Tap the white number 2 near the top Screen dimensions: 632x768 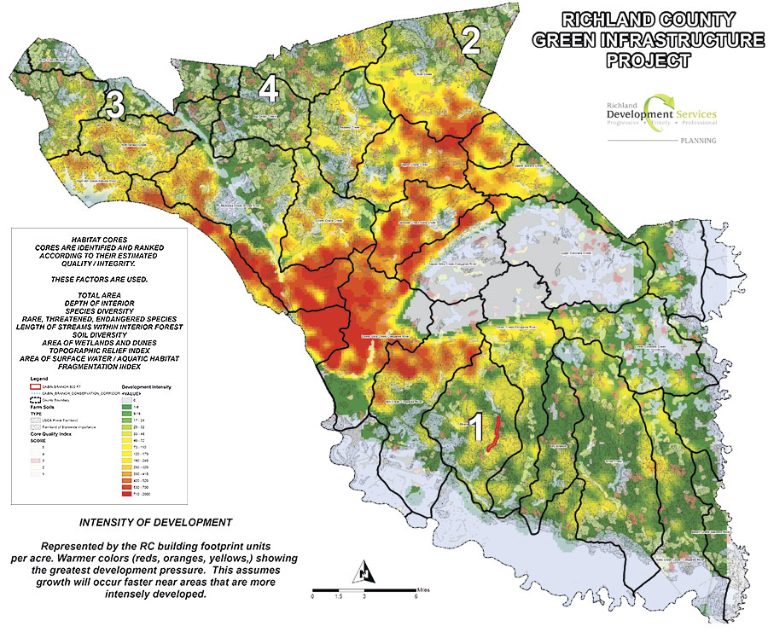470,39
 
